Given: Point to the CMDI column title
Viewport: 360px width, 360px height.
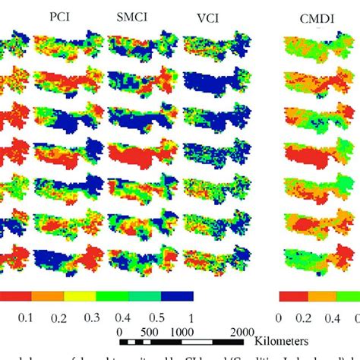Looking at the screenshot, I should point(299,17).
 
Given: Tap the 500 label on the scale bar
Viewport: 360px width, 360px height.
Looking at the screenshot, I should point(149,332).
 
